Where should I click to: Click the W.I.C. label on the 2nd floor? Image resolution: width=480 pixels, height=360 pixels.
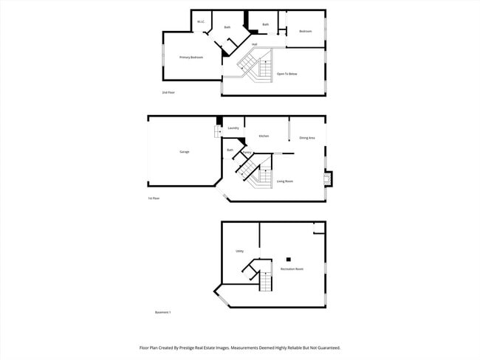point(201,21)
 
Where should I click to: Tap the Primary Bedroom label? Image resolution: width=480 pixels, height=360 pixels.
point(191,57)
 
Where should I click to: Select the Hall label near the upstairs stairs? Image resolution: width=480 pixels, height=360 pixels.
point(254,44)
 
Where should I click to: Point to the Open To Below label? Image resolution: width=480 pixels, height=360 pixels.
point(287,75)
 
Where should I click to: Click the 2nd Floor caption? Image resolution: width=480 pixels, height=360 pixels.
point(168,92)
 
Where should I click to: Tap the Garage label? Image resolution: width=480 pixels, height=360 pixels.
point(185,152)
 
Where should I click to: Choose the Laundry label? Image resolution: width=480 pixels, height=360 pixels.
point(233,128)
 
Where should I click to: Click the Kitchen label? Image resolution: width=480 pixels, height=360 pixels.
point(264,136)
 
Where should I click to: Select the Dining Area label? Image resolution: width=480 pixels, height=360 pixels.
point(307,138)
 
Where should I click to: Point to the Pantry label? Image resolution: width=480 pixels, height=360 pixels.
point(248,153)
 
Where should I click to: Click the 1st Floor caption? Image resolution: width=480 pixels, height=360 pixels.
point(154,198)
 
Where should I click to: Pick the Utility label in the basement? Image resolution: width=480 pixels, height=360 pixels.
point(240,252)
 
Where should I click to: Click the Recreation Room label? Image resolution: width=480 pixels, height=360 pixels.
point(292,269)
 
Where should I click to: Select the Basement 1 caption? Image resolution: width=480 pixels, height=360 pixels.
point(163,313)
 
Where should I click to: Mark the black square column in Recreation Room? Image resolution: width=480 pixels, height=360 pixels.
point(289,259)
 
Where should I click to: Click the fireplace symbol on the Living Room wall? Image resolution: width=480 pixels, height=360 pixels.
point(329,179)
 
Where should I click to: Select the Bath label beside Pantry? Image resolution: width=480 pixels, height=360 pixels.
point(230,150)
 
